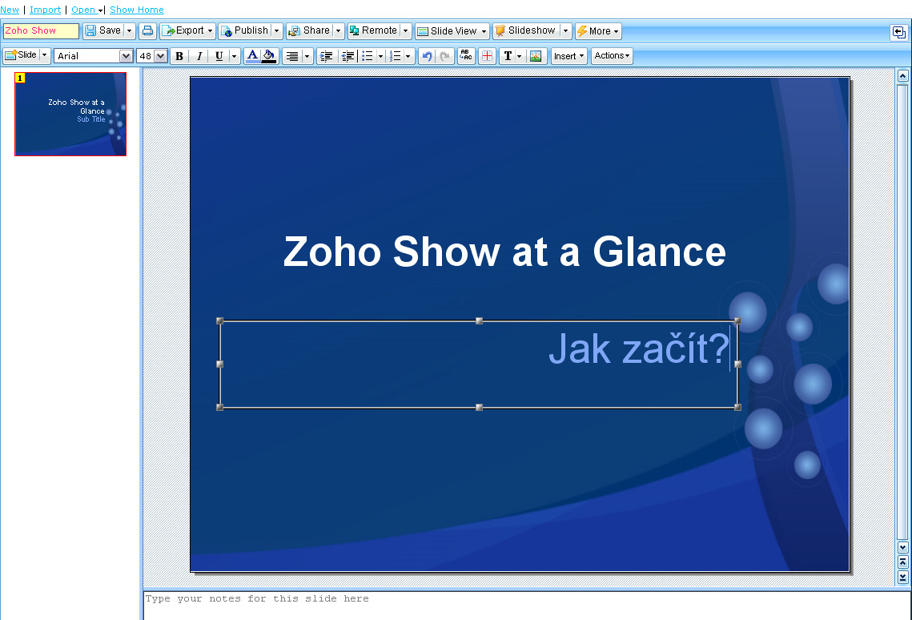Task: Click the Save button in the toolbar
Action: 103,30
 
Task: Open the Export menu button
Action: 187,30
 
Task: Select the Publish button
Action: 245,30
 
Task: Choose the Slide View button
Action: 452,30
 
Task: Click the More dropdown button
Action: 598,30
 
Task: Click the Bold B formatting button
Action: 179,56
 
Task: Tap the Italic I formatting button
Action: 199,56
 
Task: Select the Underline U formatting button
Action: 219,56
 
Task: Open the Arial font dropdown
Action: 94,56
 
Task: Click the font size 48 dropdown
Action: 152,56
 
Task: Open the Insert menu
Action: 568,56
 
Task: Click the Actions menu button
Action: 612,56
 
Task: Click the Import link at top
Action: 46,10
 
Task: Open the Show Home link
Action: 137,10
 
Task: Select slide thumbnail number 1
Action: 70,114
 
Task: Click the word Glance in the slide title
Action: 659,252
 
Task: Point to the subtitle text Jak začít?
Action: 639,349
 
